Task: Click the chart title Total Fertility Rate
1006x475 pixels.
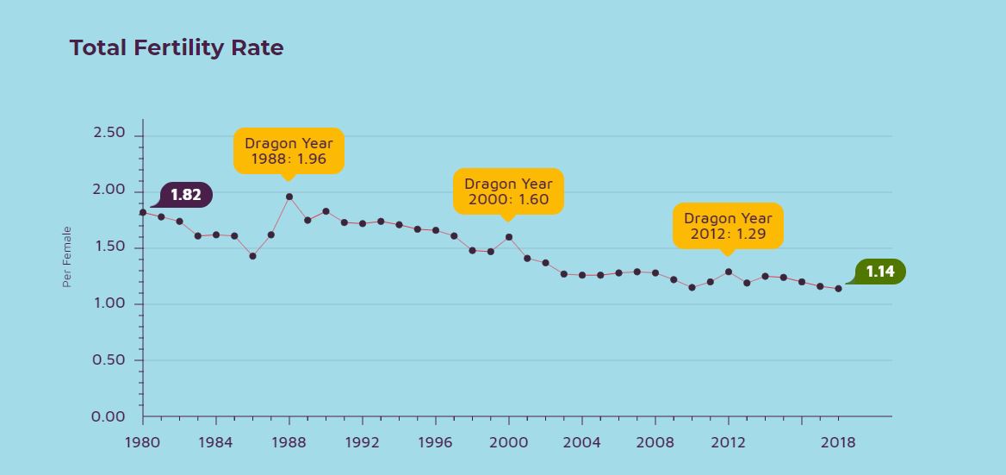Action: (177, 48)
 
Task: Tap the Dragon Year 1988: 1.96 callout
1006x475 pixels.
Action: (289, 151)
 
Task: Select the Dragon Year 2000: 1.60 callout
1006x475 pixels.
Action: (508, 191)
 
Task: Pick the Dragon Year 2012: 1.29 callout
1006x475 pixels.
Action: (728, 226)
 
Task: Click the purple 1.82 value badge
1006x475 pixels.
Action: (185, 196)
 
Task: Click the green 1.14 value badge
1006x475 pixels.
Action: (879, 272)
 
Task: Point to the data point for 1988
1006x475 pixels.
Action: (289, 197)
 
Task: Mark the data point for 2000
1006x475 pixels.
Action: (509, 237)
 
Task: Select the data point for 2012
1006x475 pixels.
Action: (729, 272)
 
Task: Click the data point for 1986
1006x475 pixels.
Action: (252, 256)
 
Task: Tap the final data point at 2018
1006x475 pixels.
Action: (838, 289)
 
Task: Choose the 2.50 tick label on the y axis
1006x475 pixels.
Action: (109, 134)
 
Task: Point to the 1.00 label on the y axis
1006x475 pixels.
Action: (109, 303)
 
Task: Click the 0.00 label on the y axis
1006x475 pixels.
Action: (109, 417)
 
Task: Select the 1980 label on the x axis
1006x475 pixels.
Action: (142, 442)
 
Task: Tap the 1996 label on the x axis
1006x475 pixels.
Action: (435, 442)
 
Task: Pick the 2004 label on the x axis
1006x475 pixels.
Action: (581, 442)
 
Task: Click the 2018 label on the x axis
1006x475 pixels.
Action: (838, 442)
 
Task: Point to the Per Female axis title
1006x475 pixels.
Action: (66, 256)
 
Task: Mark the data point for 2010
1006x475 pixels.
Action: (692, 287)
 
